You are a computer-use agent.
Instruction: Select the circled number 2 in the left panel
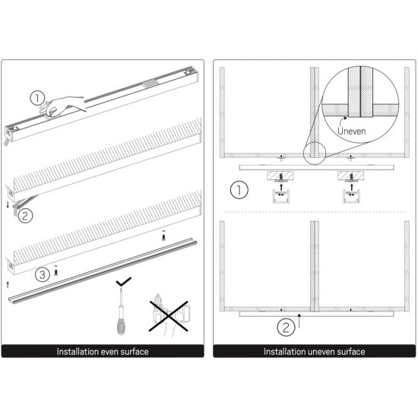coord(25,216)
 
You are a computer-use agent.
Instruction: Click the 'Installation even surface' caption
coord(103,352)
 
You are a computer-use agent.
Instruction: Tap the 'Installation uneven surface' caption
coord(314,352)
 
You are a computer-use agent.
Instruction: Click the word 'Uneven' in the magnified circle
coord(352,130)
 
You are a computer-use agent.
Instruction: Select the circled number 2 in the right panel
coord(284,328)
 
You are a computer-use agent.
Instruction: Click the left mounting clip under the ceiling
coord(280,197)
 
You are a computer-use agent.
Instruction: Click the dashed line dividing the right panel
coord(312,211)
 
